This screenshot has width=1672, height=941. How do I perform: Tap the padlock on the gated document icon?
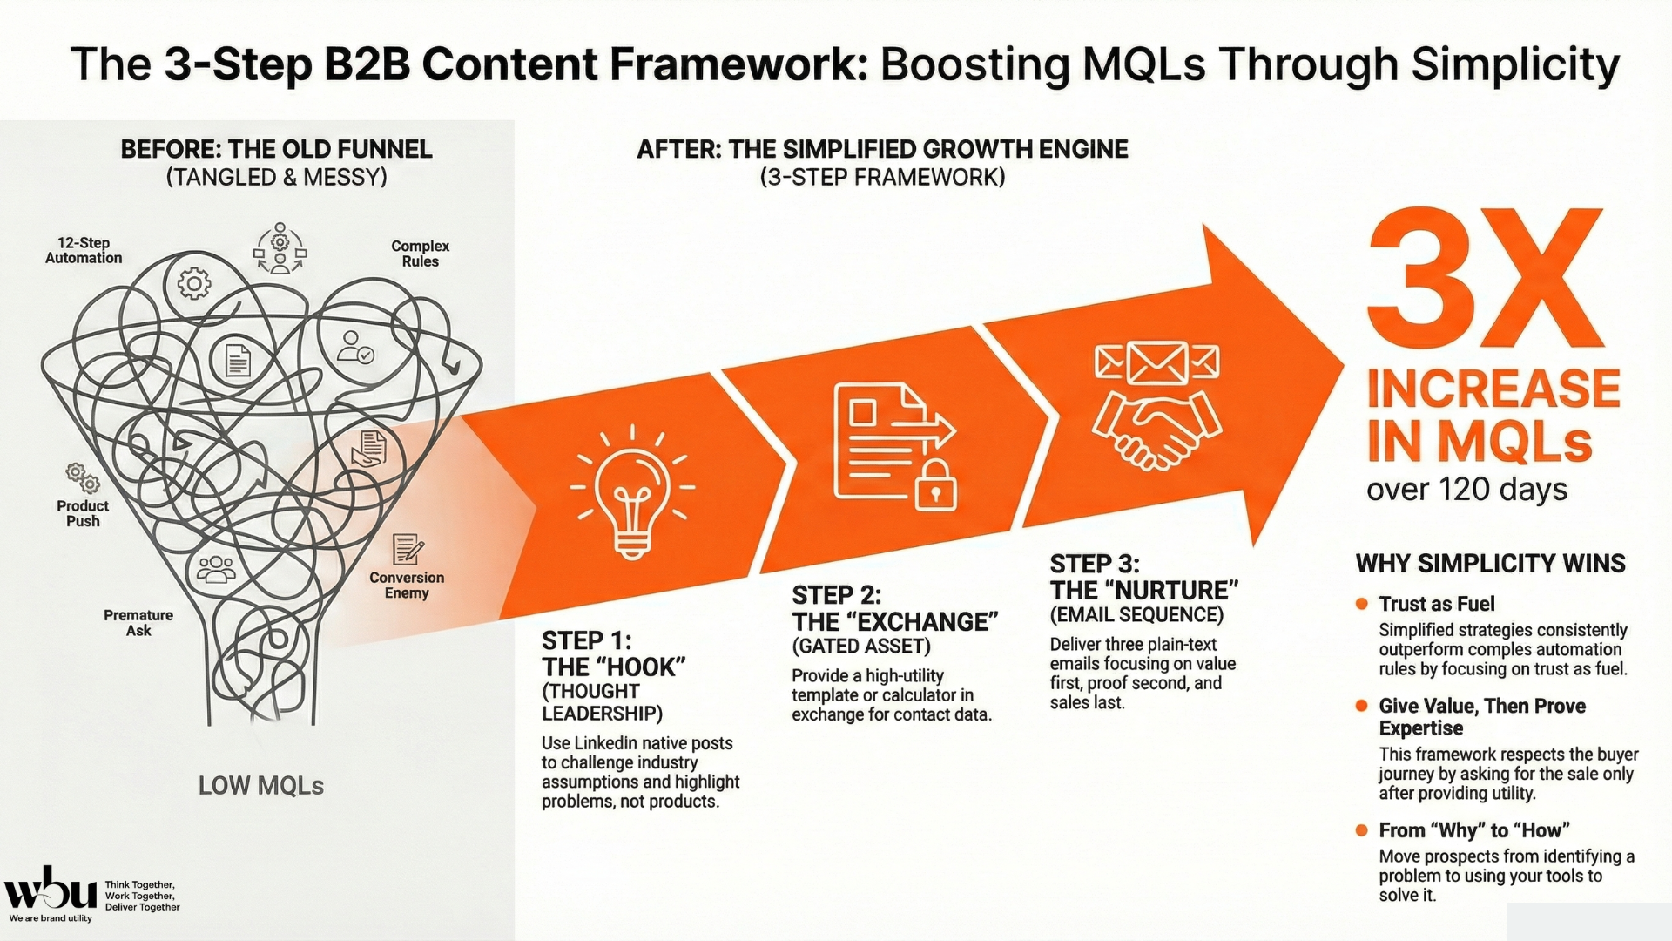[x=935, y=487]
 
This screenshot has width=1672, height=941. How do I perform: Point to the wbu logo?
[x=51, y=891]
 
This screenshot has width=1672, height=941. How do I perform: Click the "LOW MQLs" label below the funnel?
[x=260, y=786]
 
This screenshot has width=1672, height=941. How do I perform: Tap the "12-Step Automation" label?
[x=84, y=250]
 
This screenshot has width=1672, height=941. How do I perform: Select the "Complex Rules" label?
[x=420, y=254]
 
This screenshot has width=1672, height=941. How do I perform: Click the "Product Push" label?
[x=83, y=513]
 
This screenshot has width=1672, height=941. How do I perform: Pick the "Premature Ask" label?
[x=138, y=622]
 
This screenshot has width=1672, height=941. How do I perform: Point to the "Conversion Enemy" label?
[x=407, y=585]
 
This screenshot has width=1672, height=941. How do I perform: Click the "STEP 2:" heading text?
[x=836, y=595]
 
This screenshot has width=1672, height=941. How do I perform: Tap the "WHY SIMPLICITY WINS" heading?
[x=1490, y=564]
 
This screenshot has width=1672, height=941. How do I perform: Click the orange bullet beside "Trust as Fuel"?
[x=1362, y=604]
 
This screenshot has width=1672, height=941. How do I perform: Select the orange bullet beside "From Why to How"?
[x=1362, y=830]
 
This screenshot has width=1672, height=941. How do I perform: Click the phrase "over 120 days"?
[x=1466, y=490]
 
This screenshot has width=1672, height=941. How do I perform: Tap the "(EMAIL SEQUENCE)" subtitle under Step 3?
[x=1136, y=615]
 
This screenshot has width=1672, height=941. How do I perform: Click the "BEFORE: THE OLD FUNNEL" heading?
[x=276, y=149]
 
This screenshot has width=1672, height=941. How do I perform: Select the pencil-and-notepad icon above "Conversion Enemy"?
[x=407, y=549]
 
